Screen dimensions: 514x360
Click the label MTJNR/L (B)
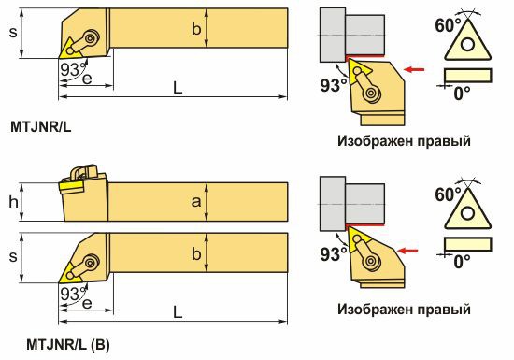(68, 345)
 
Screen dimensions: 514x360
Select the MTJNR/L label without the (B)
(40, 127)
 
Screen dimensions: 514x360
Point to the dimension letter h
(13, 202)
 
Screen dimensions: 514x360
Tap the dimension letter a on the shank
(196, 202)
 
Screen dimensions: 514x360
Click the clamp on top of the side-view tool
(82, 172)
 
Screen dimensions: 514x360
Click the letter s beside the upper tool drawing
(13, 32)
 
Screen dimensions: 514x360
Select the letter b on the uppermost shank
(196, 29)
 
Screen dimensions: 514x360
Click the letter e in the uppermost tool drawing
(87, 79)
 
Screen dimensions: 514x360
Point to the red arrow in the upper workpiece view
(414, 69)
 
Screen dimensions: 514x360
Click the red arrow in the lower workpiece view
(407, 252)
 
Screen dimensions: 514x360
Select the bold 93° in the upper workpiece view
(334, 85)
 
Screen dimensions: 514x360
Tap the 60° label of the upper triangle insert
(448, 25)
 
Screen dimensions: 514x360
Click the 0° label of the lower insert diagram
(462, 262)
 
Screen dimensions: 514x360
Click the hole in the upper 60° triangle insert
(467, 44)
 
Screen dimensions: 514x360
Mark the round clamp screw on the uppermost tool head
(91, 37)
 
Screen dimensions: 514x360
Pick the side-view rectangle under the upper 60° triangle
(468, 76)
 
